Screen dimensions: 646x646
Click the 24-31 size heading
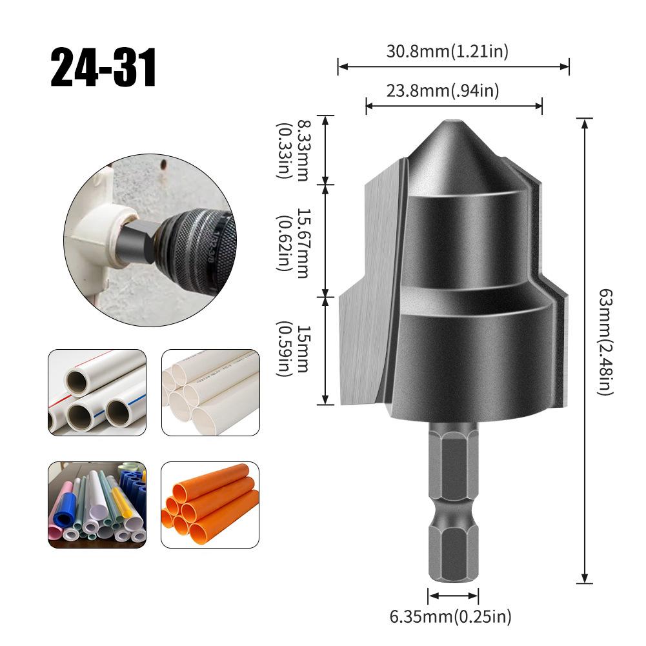[x=103, y=68]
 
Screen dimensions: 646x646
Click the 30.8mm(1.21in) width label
[x=447, y=52]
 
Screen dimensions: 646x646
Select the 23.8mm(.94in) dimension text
[x=443, y=91]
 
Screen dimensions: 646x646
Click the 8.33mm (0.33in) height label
[x=292, y=152]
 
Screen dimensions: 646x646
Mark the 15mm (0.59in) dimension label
[x=292, y=349]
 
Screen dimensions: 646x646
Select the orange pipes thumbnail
[x=210, y=505]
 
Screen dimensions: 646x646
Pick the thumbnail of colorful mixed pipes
[x=97, y=505]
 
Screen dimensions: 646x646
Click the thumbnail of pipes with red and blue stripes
[x=97, y=392]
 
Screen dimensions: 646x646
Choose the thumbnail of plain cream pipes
[x=210, y=392]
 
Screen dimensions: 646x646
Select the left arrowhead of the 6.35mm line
[x=430, y=595]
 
